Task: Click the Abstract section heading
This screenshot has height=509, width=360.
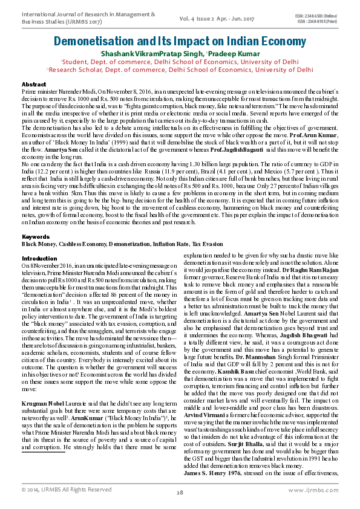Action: (x=33, y=84)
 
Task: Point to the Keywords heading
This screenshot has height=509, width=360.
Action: (x=36, y=236)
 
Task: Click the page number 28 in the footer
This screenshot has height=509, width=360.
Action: (x=180, y=493)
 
